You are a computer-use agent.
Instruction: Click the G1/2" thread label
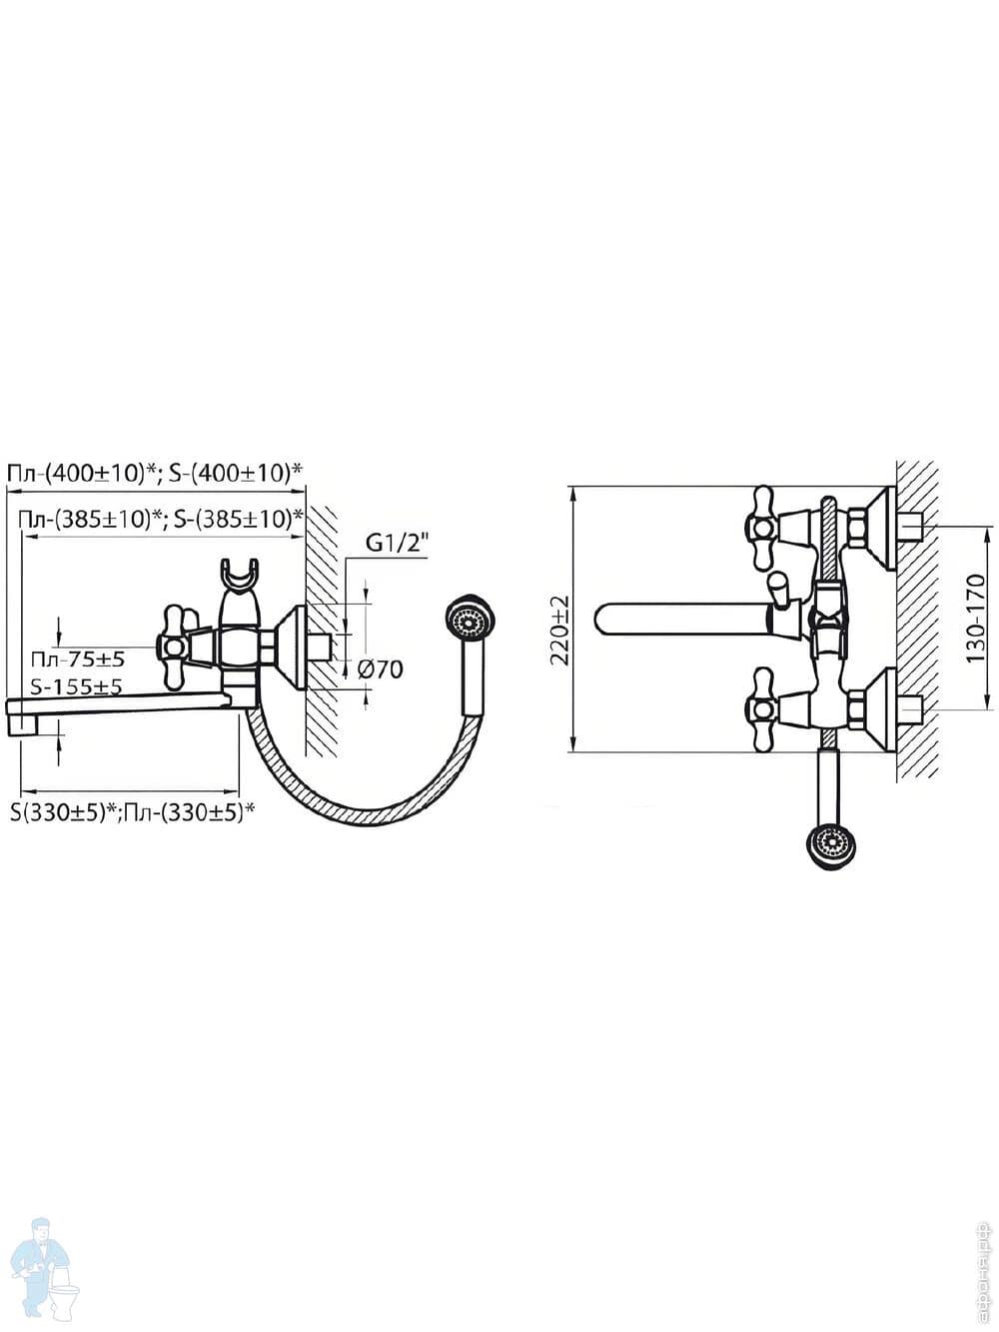[397, 544]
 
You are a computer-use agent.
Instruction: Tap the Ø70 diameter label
[381, 669]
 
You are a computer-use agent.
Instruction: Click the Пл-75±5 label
[77, 660]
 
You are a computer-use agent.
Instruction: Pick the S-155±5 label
[77, 687]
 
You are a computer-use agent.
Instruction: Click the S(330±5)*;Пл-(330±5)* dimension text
[131, 812]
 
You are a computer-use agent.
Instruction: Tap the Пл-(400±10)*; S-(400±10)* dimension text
[155, 473]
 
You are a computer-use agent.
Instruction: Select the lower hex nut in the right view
[857, 711]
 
